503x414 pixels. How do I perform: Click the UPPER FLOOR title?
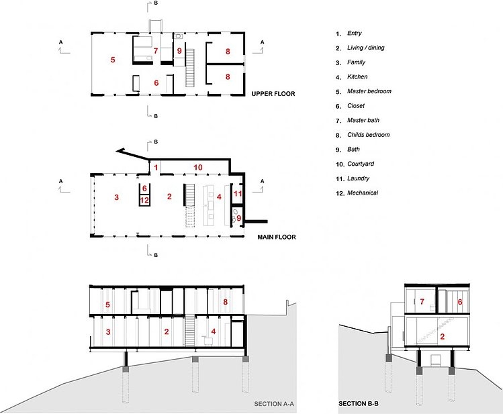pos(273,94)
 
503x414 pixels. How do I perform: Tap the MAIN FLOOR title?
pos(277,237)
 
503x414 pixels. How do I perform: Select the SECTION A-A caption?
pos(274,404)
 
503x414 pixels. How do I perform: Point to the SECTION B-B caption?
pos(359,404)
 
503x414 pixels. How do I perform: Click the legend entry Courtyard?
pos(361,164)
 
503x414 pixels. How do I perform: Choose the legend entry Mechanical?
pos(363,193)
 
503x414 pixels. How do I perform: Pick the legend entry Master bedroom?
pos(369,91)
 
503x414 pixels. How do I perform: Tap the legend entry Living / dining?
pos(366,48)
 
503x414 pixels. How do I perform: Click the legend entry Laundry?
pos(359,178)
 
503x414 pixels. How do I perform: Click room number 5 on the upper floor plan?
pos(113,60)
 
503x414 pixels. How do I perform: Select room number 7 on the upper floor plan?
pos(156,50)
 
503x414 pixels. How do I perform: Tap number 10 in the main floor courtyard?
pos(198,167)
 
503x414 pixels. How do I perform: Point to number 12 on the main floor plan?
pos(144,201)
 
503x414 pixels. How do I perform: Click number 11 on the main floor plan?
pos(237,193)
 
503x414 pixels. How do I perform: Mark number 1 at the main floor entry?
pos(156,167)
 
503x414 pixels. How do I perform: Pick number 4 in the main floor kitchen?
pos(219,197)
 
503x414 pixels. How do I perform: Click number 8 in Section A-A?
pos(226,301)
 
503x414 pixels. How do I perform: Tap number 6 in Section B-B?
pos(460,301)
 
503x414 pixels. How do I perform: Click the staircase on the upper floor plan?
pos(190,68)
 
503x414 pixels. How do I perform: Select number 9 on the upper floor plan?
pos(179,50)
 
